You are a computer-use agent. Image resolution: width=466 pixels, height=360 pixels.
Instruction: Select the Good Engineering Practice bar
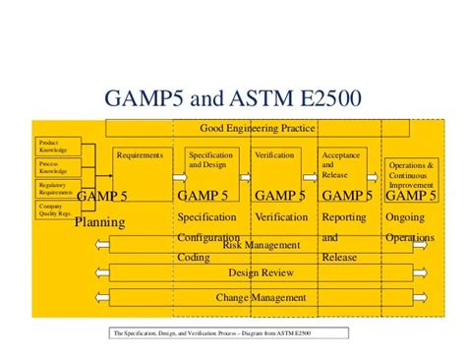coord(258,128)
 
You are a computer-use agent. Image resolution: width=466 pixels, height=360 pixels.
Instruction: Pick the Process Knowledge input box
coord(53,165)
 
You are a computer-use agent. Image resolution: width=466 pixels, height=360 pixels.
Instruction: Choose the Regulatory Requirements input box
coord(53,187)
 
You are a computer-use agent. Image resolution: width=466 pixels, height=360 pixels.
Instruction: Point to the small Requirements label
coord(139,154)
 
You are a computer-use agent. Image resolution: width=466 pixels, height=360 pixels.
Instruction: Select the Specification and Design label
coord(209,158)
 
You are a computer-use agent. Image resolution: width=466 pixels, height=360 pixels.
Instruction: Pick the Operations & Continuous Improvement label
coord(411,175)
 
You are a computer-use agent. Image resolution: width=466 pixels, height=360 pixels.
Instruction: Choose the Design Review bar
coord(257,271)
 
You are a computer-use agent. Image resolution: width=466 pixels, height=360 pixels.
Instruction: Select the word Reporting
coord(344,217)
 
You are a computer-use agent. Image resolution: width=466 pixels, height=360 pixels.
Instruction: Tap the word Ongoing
coord(406,217)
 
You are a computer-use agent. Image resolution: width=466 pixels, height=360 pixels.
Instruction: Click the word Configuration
coord(209,238)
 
